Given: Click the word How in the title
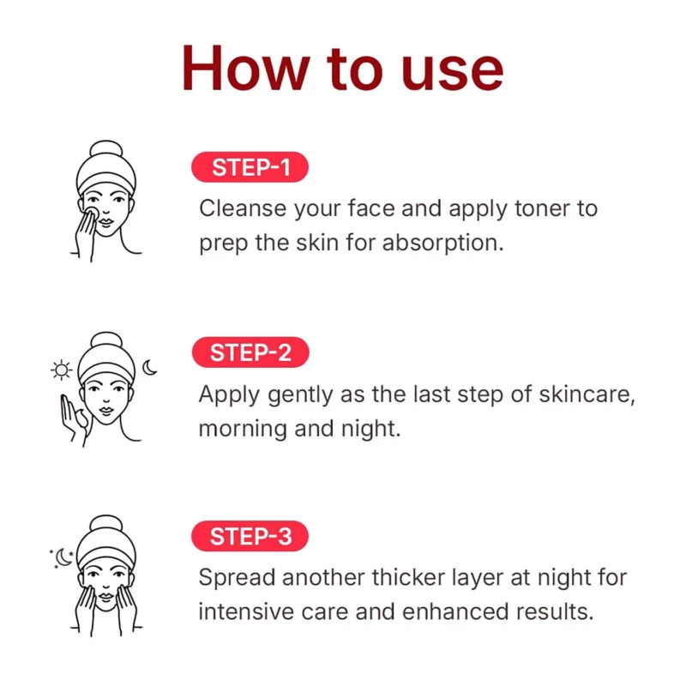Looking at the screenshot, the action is pos(246,69).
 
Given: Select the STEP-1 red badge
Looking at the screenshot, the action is pos(250,167).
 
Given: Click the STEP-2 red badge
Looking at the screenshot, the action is pos(250,352).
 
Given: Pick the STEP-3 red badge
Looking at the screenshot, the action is pos(250,536).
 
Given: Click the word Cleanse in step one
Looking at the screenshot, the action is pos(243,208).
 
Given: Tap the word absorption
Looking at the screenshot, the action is pos(442,244).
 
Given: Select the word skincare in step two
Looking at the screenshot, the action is pos(587,394).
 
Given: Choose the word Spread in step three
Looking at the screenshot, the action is pos(238,578).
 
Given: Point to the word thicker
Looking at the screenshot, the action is pos(408,577).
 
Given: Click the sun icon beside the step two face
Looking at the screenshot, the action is pos(61,370).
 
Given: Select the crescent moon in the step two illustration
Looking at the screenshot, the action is pos(149,368).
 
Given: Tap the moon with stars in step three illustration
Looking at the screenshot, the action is pos(63,558).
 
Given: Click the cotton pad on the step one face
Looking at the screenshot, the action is pos(92,214).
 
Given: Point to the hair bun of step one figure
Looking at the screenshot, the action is pos(105,148).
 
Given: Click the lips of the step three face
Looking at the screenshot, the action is pos(105,596).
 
